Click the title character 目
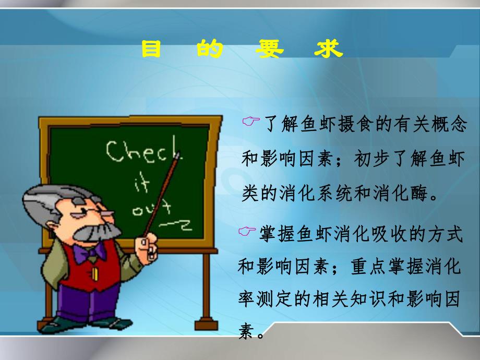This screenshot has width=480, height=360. click(151, 51)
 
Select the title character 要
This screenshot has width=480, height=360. click(270, 51)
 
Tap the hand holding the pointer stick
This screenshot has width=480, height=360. click(148, 244)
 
